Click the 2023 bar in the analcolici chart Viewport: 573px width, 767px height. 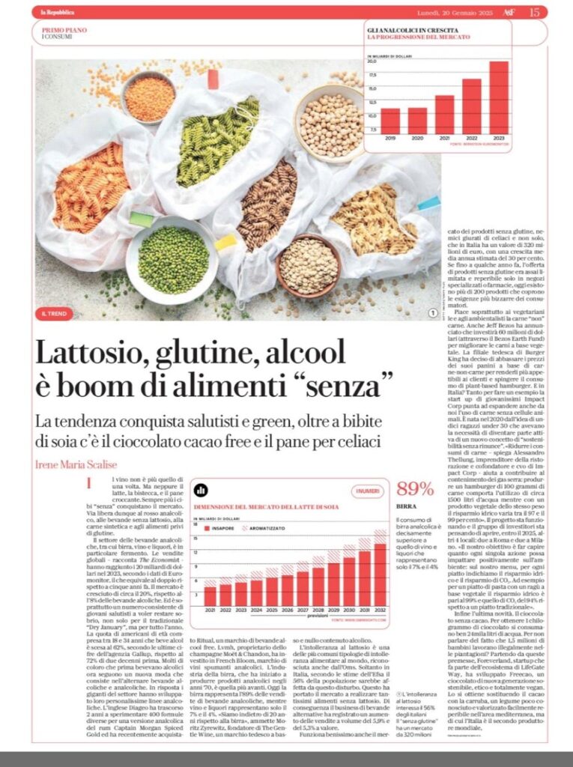click(499, 96)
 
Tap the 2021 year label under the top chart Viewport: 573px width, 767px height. click(444, 138)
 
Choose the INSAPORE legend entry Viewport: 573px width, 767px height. click(231, 527)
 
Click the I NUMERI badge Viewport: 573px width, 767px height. click(368, 491)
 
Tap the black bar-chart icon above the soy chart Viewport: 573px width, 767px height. click(201, 490)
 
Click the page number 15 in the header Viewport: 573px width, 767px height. click(534, 11)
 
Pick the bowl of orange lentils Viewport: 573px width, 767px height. click(149, 97)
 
